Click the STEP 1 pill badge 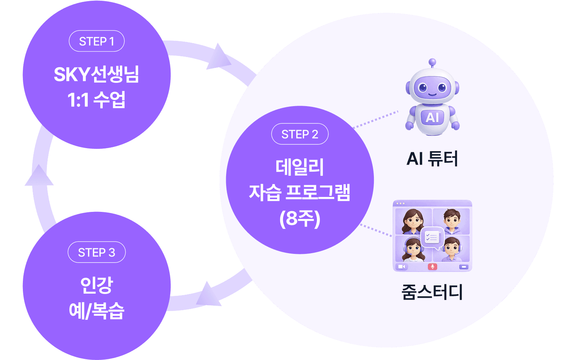click(x=96, y=41)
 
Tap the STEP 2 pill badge click(x=300, y=134)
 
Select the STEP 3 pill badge click(x=96, y=252)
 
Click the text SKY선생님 click(x=96, y=74)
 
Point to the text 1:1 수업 click(x=96, y=100)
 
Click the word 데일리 click(x=300, y=167)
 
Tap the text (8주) click(x=300, y=218)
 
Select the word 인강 click(x=96, y=285)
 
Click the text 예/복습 click(x=96, y=311)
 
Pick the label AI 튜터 click(x=432, y=159)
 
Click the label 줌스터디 click(x=432, y=292)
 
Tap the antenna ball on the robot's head click(x=432, y=62)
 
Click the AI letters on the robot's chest click(x=432, y=117)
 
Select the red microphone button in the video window click(x=432, y=267)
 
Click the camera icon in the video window click(x=402, y=267)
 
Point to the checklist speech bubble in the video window click(x=432, y=238)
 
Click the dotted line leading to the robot click(x=375, y=119)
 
